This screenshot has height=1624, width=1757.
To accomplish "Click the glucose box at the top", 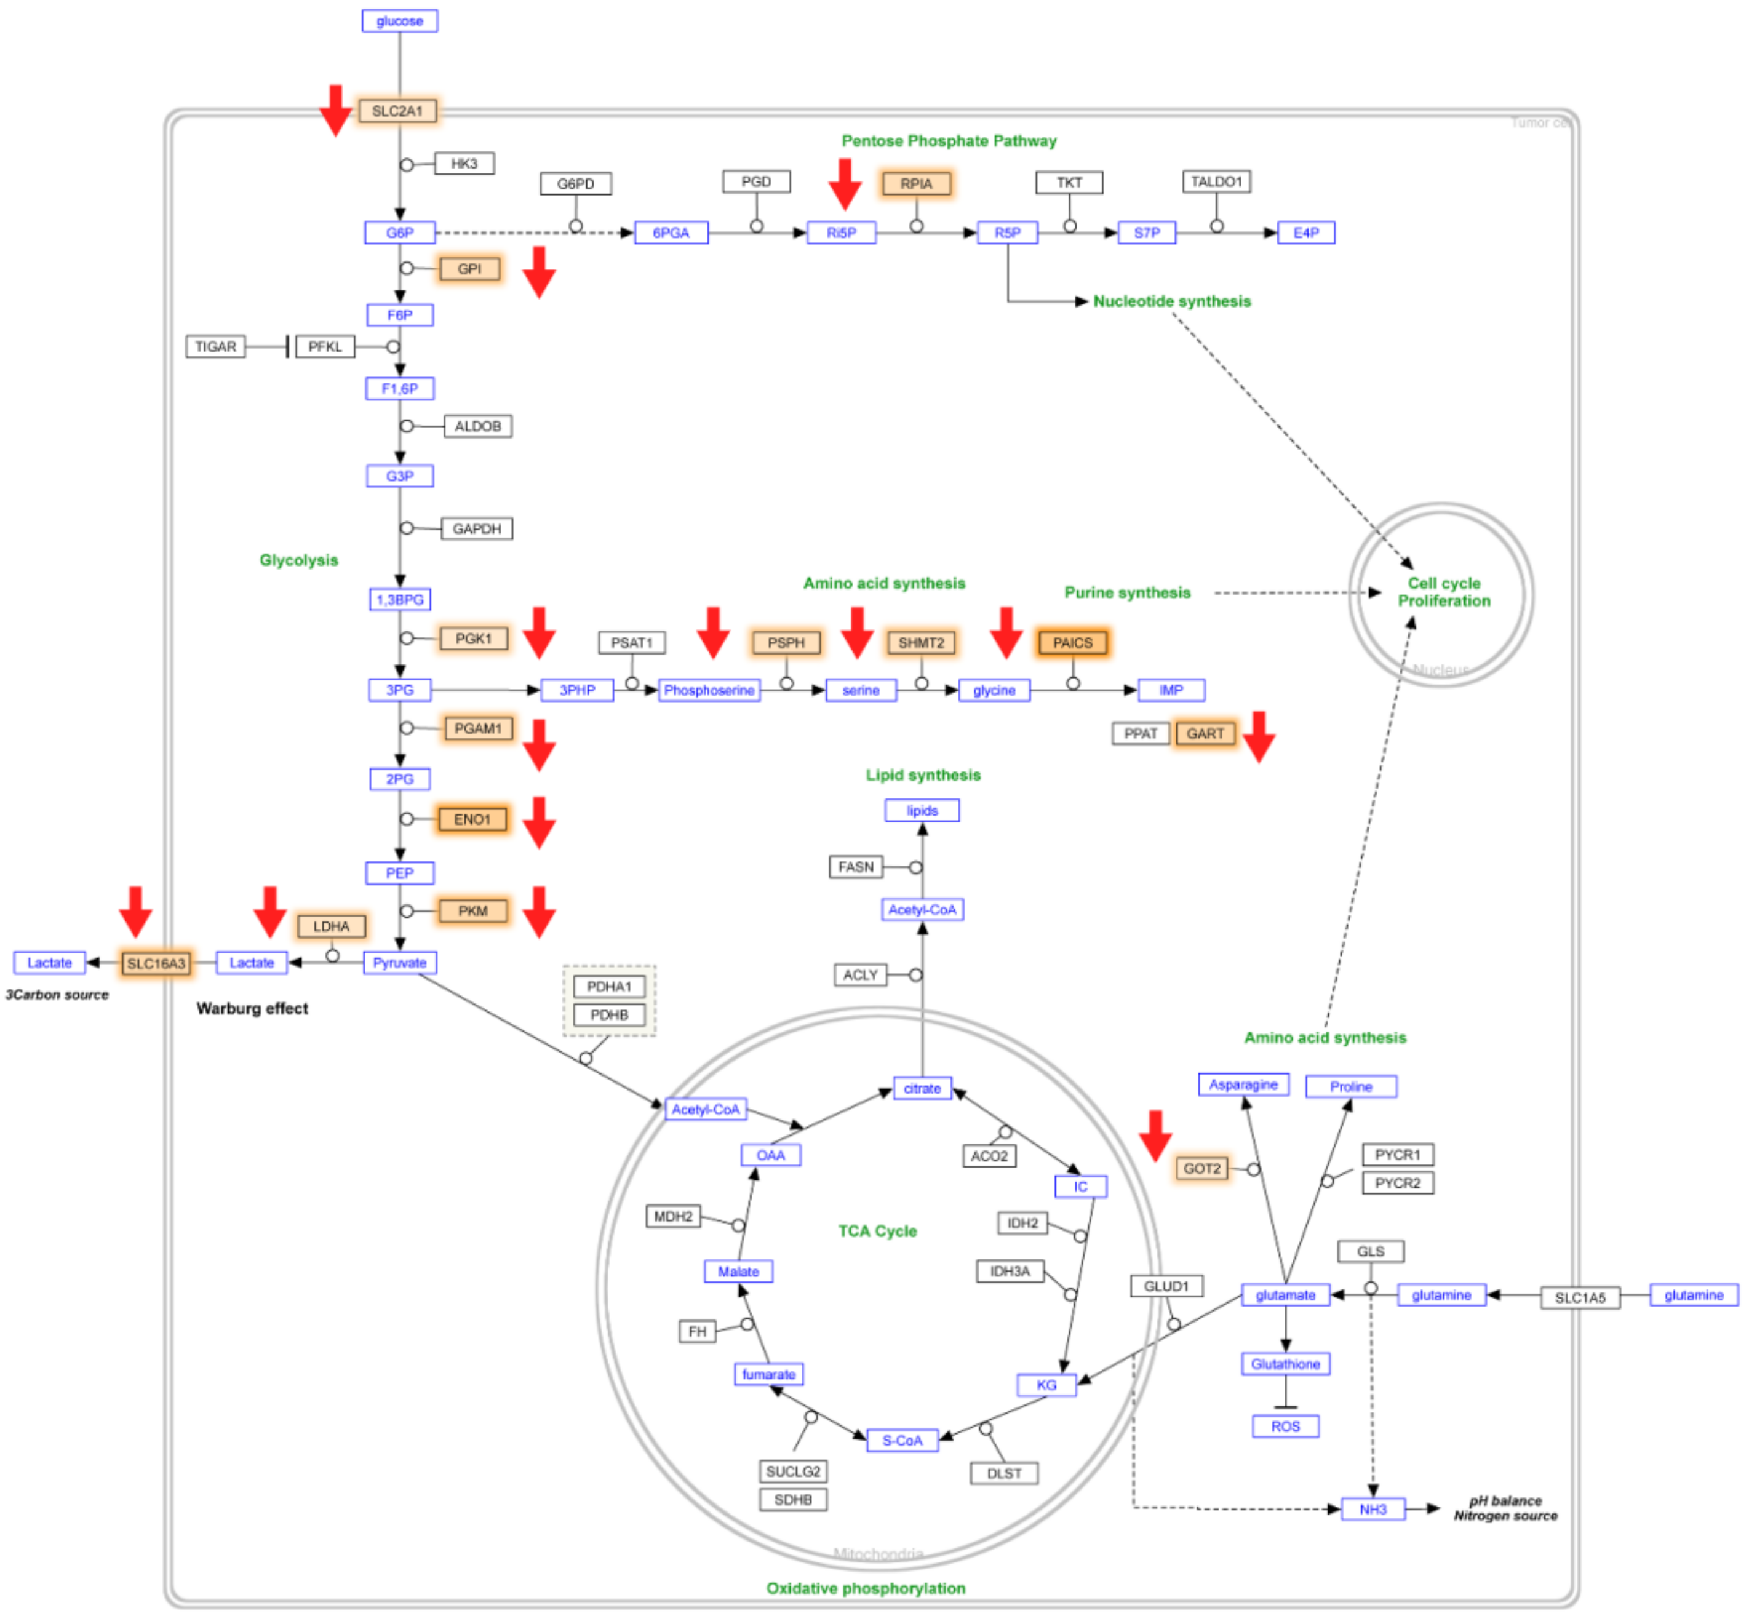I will (399, 21).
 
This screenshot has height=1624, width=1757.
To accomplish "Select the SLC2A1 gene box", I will (397, 111).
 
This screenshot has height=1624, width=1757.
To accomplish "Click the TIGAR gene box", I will (215, 346).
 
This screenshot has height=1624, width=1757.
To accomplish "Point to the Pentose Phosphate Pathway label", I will (949, 141).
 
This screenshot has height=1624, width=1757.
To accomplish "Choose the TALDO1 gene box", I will (1216, 182).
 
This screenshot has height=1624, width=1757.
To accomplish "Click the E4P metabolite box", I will (1305, 233).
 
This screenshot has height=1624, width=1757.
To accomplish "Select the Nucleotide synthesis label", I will (1171, 301).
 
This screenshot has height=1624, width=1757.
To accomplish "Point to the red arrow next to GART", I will (1259, 736).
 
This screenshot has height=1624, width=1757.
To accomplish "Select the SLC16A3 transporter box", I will (156, 963).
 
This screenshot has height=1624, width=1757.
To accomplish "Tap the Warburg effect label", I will (252, 1008).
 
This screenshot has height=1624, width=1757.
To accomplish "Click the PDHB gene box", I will (609, 1015).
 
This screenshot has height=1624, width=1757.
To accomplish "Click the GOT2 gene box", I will (1201, 1169).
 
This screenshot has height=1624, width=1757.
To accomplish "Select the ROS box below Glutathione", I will (1285, 1427).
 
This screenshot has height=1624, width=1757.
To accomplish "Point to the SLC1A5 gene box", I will (1579, 1298).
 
